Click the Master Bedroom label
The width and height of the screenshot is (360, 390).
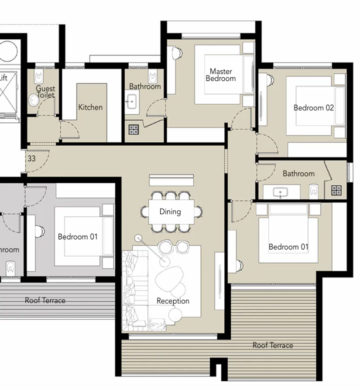tap(221, 75)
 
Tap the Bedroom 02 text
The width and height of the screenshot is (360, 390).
tap(313, 108)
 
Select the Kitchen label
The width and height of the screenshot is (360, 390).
tap(90, 107)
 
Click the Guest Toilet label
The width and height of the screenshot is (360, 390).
tap(45, 92)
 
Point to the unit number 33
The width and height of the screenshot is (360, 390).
tap(31, 159)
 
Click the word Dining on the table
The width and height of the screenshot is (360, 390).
tap(170, 212)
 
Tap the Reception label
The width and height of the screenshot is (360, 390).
tap(173, 301)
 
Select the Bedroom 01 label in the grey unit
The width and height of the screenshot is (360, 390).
tap(78, 237)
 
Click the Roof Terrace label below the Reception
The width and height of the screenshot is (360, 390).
tap(273, 345)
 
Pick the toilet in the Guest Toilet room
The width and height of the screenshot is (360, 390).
tap(38, 77)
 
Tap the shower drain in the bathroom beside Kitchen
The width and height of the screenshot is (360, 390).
tap(134, 129)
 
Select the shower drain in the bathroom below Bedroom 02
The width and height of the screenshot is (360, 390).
tap(336, 190)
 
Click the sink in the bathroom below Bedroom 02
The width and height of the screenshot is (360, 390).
tap(278, 192)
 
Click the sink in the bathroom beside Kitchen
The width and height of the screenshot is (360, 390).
tap(130, 103)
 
